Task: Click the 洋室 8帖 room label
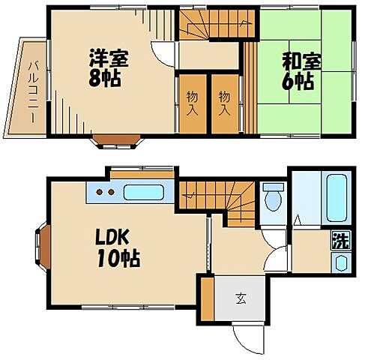point(108,68)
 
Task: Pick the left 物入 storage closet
point(193,103)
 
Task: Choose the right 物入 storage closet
point(225,103)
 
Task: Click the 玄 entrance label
point(241,298)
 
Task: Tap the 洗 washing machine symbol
point(341,241)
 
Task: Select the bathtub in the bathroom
point(337,198)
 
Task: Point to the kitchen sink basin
point(143,192)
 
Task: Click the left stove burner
point(100,192)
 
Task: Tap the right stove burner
point(111,192)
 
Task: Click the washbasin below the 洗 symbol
point(341,262)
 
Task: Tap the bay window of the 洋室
point(117,142)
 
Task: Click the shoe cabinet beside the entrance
point(207,299)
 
